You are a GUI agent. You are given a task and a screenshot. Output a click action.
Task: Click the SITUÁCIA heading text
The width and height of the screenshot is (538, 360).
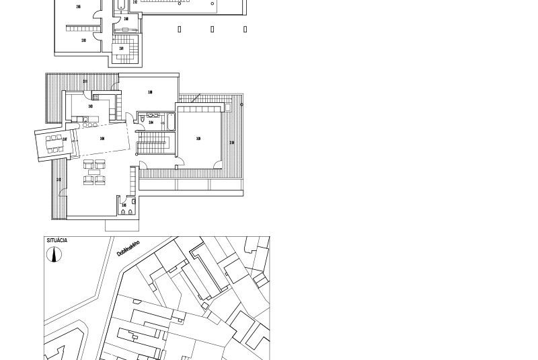click(57, 240)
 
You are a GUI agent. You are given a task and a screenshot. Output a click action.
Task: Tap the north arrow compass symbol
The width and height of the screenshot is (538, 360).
click(54, 254)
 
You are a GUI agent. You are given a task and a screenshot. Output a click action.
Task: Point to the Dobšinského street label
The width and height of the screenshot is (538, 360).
click(128, 248)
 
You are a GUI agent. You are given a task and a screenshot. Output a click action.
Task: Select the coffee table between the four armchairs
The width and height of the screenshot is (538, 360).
click(94, 172)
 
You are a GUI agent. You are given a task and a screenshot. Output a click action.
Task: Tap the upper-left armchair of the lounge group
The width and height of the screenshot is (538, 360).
click(88, 164)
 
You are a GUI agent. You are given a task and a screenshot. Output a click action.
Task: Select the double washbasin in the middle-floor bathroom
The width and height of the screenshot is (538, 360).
click(153, 116)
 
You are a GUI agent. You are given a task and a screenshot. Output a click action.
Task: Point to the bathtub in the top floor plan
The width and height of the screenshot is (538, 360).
click(120, 6)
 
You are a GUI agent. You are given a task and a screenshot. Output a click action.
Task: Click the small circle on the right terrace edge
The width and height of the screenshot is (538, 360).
click(241, 104)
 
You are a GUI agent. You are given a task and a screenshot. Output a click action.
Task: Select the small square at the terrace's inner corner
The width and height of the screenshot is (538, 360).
click(227, 107)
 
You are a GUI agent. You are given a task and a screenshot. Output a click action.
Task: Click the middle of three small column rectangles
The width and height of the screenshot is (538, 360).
click(213, 29)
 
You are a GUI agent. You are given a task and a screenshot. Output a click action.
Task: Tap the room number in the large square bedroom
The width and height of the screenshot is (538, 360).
click(198, 139)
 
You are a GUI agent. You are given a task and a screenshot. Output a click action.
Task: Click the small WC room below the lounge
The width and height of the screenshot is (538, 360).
click(126, 207)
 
